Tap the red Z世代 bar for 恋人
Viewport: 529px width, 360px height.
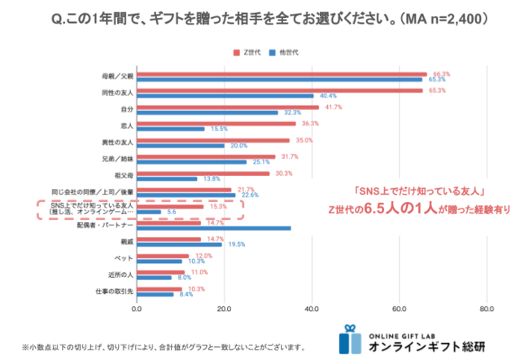tap(216, 124)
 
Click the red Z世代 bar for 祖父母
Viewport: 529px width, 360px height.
tap(203, 173)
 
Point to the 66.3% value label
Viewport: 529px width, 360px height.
tap(442, 74)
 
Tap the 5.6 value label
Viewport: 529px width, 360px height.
tap(172, 212)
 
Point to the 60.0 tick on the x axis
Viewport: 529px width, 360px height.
tap(399, 309)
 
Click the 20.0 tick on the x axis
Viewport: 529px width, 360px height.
tap(224, 309)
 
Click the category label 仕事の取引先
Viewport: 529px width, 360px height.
tap(114, 290)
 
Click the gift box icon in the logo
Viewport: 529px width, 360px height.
tap(350, 341)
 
